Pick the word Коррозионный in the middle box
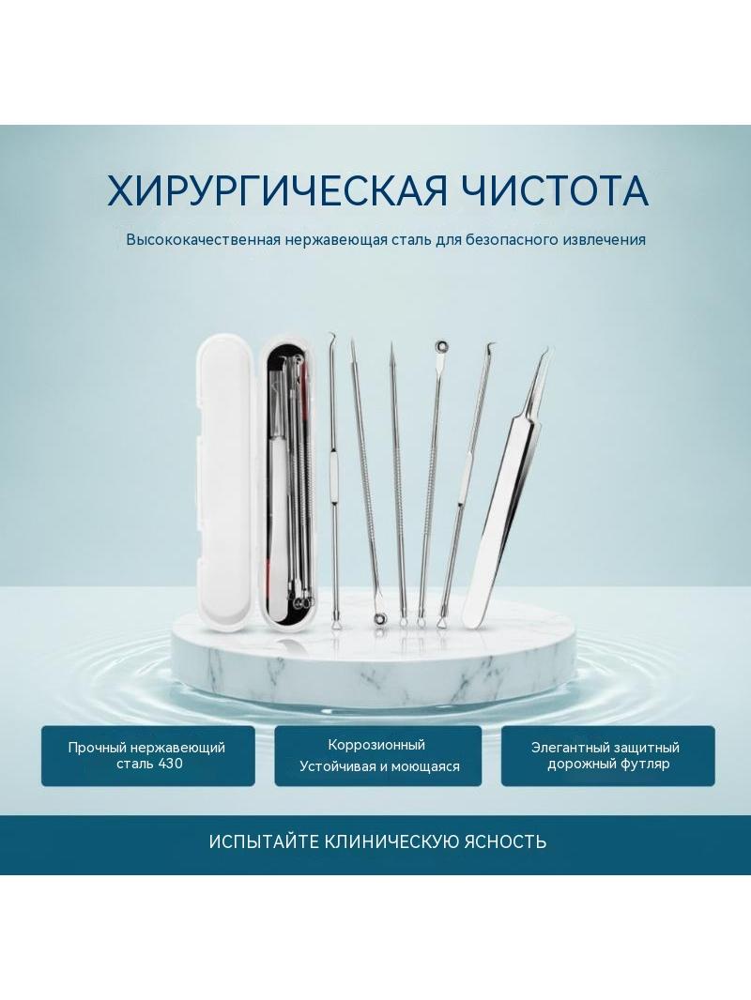(x=376, y=745)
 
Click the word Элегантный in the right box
(x=571, y=748)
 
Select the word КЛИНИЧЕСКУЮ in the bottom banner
(x=391, y=841)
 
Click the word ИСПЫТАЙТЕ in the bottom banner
(x=264, y=841)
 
